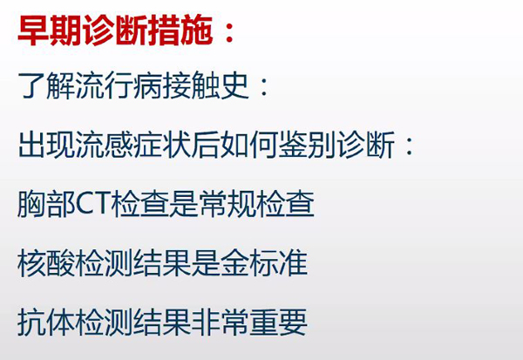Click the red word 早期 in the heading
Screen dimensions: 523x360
coord(51,31)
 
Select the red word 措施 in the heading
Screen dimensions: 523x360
coord(180,31)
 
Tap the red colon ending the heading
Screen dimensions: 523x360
coord(229,33)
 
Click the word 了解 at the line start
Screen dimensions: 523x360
coord(47,85)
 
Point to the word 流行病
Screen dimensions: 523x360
coord(119,85)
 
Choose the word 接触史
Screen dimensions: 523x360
coord(206,85)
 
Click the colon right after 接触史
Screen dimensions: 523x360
coord(264,88)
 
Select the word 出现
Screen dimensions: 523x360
coord(47,145)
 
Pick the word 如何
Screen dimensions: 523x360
coord(249,145)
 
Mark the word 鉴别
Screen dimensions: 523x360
coord(307,145)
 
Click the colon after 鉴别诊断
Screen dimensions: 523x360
coord(410,146)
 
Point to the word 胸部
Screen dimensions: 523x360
coord(47,203)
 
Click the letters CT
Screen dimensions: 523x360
coord(93,203)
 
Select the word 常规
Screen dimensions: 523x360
coord(228,203)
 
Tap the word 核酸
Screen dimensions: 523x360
coord(47,262)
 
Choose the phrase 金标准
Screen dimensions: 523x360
coord(264,262)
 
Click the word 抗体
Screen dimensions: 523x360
coord(47,322)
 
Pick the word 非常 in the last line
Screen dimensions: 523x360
coord(221,322)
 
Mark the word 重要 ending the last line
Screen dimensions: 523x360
coord(279,322)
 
